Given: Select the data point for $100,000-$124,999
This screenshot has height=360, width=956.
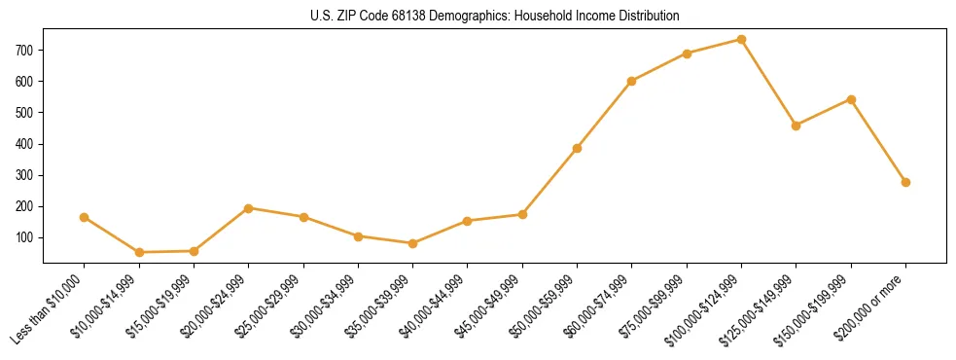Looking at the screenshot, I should pyautogui.click(x=741, y=40).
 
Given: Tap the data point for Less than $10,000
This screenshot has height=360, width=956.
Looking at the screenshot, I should pyautogui.click(x=85, y=217).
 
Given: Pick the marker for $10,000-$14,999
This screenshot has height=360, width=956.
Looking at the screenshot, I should pyautogui.click(x=139, y=252).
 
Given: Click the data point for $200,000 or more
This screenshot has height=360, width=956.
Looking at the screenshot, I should pyautogui.click(x=905, y=182).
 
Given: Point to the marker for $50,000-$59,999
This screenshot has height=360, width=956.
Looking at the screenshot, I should pyautogui.click(x=577, y=148).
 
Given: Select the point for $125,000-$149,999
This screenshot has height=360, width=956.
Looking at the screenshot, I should pyautogui.click(x=796, y=126).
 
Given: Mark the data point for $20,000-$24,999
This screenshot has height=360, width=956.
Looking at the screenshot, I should pyautogui.click(x=249, y=208).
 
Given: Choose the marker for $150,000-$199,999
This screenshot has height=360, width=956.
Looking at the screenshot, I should pyautogui.click(x=851, y=99).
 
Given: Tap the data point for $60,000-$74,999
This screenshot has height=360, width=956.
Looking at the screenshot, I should pyautogui.click(x=632, y=81).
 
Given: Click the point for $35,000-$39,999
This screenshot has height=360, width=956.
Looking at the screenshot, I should pyautogui.click(x=412, y=243).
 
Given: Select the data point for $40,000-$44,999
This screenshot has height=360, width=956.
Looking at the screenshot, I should pyautogui.click(x=468, y=221).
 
